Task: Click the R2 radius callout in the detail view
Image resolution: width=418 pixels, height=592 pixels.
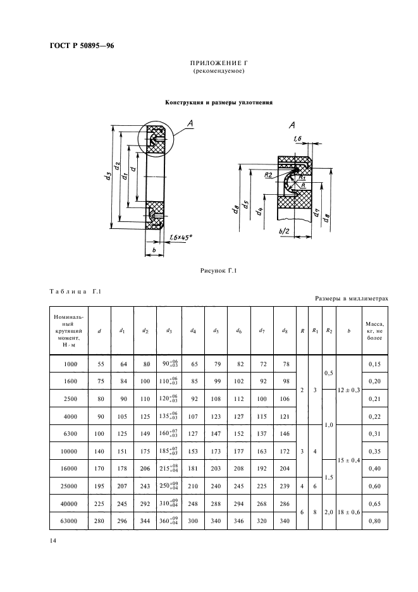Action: (269, 175)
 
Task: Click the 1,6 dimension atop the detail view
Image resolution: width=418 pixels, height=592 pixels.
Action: (298, 139)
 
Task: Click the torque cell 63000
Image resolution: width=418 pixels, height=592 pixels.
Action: (71, 520)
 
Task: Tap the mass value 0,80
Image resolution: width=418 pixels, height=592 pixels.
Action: (374, 520)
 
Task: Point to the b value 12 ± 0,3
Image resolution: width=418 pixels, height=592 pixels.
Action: (348, 390)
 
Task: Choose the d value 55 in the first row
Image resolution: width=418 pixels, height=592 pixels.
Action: (100, 364)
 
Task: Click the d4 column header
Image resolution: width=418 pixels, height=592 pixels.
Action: (193, 330)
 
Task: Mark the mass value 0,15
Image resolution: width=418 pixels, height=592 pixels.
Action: (374, 364)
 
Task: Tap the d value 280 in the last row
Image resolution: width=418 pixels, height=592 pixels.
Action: (100, 520)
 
